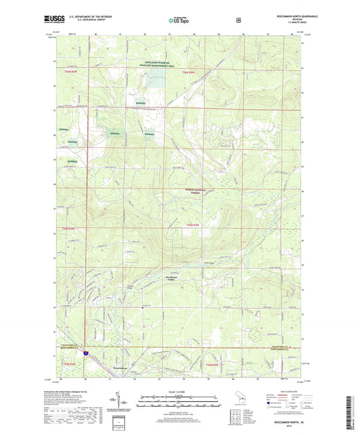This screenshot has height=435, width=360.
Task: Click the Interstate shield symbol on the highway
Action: coord(86,353)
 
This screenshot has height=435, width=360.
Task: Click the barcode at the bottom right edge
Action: coord(354,413)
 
